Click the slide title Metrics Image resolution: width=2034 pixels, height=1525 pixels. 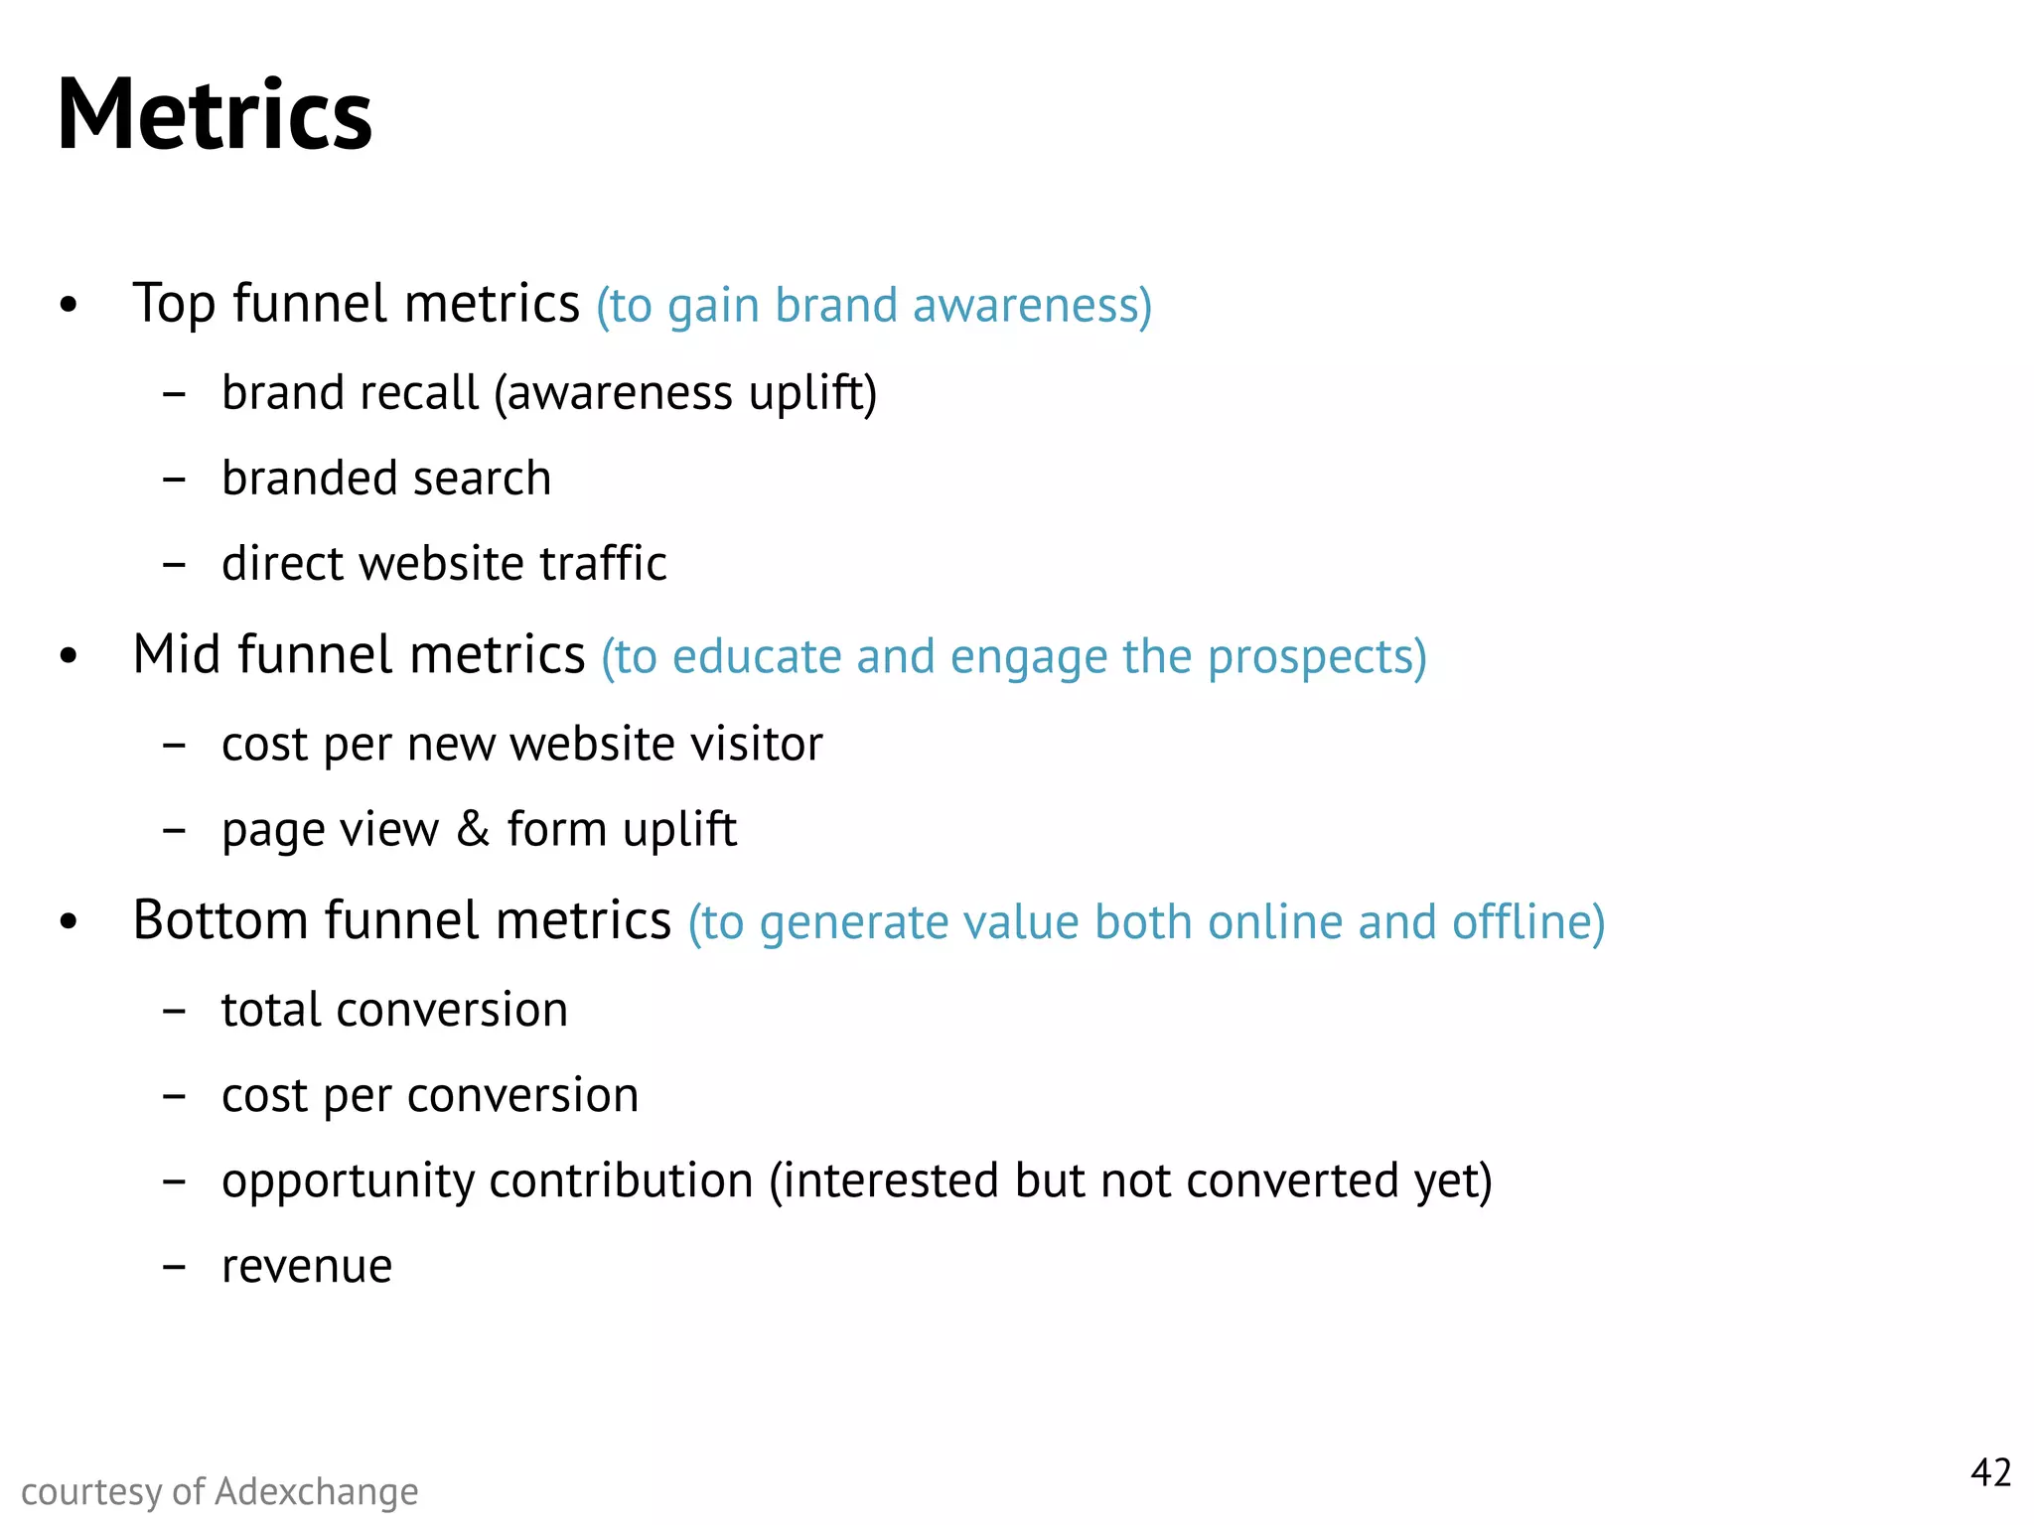pos(215,115)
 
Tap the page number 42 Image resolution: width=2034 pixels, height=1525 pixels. pos(1990,1472)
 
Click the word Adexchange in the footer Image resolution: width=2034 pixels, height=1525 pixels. pos(317,1491)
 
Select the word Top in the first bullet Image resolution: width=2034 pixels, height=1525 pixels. pos(174,304)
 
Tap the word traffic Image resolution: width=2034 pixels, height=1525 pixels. pos(603,564)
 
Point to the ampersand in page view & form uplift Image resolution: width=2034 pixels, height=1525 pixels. pos(473,829)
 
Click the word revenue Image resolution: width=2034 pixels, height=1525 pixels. pos(307,1267)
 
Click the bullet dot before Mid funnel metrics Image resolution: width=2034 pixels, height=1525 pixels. pos(68,657)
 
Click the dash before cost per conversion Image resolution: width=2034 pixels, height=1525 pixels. pos(174,1097)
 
